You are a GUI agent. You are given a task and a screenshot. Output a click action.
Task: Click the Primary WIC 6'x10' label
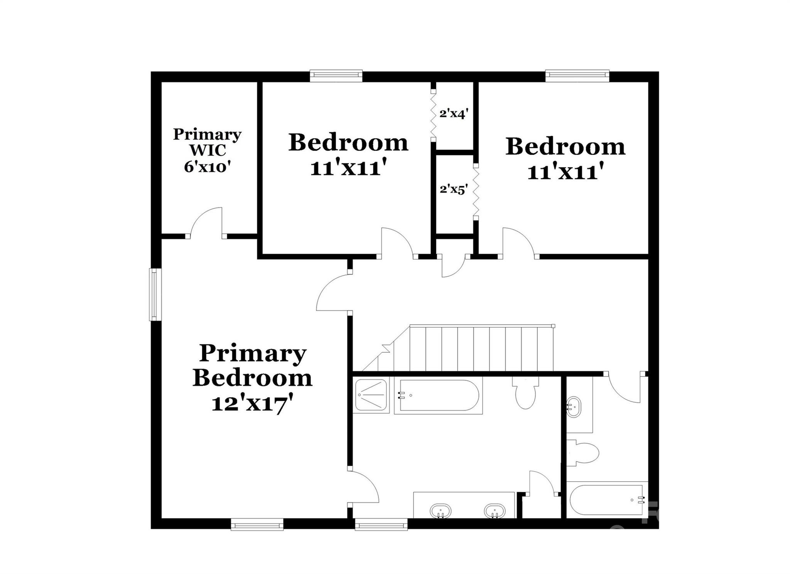point(207,150)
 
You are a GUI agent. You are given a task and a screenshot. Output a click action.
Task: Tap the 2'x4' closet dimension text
point(454,114)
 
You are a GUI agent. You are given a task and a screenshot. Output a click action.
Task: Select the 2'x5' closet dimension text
point(454,189)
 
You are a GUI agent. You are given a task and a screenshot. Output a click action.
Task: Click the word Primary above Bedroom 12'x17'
point(253,353)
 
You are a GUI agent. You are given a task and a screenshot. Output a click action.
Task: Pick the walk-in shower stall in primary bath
point(371,395)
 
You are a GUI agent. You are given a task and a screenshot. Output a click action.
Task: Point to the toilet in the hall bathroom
point(583,452)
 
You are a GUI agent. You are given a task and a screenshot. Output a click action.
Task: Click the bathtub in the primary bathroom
point(439,396)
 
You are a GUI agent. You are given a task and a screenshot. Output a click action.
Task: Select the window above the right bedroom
point(577,76)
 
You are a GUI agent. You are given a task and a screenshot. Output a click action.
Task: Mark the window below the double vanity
point(381,524)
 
